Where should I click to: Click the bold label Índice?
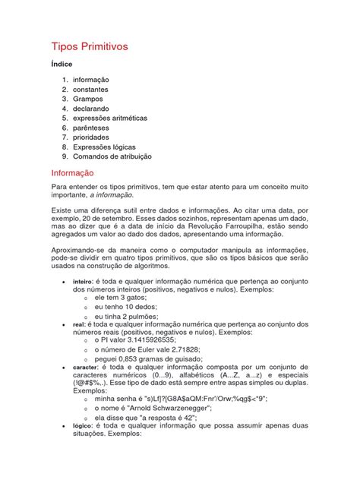62,65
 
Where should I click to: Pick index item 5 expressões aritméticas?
110,118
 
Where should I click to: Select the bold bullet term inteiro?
82,281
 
